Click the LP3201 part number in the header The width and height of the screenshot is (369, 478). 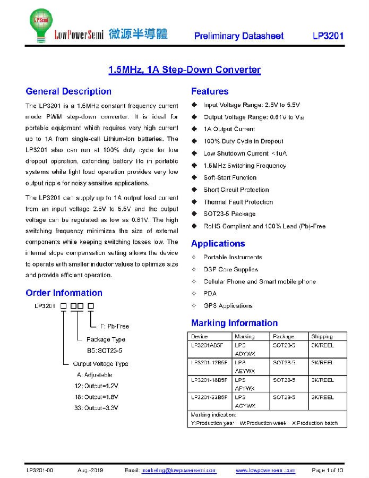pos(328,36)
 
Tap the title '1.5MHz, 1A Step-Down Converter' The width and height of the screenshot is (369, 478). pos(184,70)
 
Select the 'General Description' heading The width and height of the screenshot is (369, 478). pos(68,91)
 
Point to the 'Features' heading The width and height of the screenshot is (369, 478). pos(210,91)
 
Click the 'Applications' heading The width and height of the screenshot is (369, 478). pos(218,244)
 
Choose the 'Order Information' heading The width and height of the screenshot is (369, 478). pos(64,293)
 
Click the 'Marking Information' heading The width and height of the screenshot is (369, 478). pos(234,323)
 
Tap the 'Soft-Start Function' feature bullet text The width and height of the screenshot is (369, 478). pos(230,177)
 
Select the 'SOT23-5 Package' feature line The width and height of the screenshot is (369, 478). pos(229,214)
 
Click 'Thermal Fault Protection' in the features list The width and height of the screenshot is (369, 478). pos(238,202)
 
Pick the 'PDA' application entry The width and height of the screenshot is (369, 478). pos(210,294)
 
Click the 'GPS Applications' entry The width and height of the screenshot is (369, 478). pos(228,306)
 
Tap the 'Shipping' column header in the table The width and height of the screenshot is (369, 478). pos(322,336)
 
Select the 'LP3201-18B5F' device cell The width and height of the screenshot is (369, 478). pos(209,380)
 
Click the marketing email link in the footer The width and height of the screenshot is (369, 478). pos(178,471)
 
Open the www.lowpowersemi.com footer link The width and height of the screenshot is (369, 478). pos(265,471)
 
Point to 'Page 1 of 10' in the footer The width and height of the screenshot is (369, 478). pos(328,471)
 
